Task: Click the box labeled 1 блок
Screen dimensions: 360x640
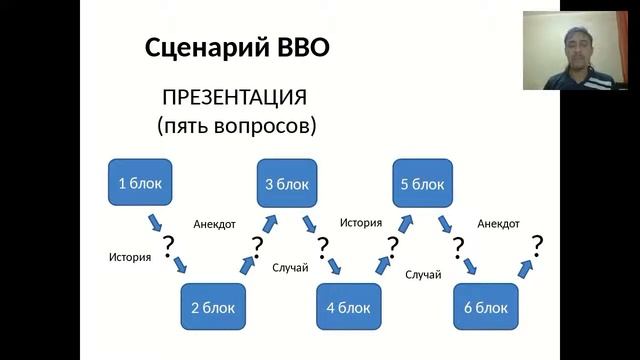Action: (139, 183)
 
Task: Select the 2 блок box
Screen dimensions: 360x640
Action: (213, 307)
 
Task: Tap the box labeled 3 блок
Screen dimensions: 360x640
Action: (287, 184)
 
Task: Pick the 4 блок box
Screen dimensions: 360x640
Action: (349, 307)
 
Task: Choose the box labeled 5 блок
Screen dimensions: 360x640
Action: (422, 184)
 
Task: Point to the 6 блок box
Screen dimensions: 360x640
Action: (485, 307)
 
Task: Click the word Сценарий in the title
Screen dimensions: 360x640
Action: (204, 47)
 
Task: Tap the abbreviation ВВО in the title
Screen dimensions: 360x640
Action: (300, 47)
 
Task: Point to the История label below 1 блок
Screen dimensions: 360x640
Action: (130, 257)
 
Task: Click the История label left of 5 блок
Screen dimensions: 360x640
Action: (361, 223)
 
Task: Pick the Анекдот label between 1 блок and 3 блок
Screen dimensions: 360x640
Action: (214, 224)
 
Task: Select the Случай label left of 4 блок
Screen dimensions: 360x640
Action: (290, 267)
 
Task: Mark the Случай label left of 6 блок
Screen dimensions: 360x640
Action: (423, 274)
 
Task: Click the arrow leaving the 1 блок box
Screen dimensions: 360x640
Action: (156, 221)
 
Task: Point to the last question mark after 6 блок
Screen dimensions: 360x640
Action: (537, 244)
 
